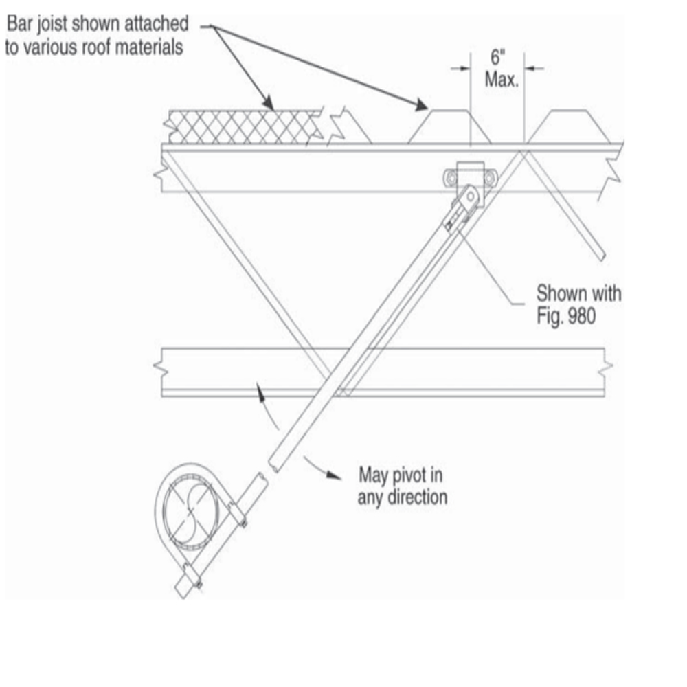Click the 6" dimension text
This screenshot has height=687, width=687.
click(497, 57)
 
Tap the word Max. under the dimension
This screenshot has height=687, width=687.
click(502, 80)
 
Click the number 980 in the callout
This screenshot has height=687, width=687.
click(581, 315)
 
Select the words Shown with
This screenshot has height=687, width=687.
click(578, 293)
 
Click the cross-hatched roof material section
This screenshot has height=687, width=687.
click(244, 127)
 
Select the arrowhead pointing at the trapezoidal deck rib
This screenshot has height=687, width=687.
click(421, 105)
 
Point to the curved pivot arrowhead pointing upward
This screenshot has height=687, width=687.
click(260, 392)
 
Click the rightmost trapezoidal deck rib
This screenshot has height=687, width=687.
click(569, 126)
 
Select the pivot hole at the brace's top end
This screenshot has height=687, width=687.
click(471, 196)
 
